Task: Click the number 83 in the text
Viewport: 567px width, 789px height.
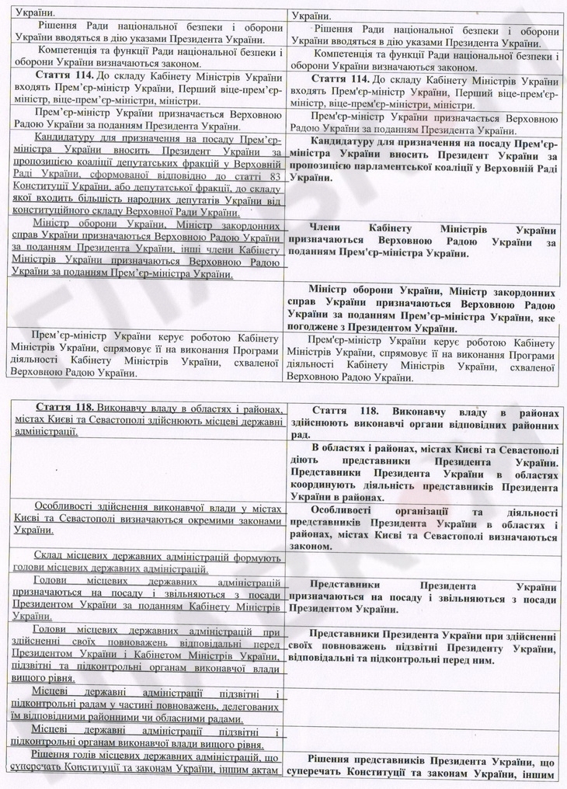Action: (x=272, y=176)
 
